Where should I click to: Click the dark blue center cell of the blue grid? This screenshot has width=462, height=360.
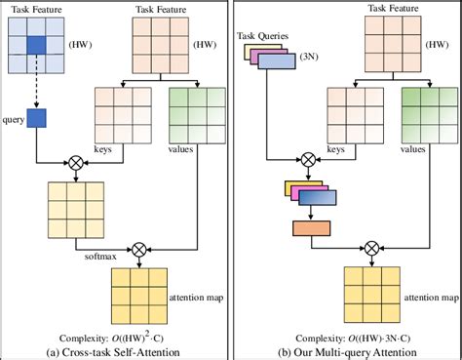(x=35, y=45)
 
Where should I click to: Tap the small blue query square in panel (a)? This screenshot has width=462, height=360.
(x=35, y=118)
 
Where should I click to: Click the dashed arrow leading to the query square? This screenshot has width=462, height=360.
(x=35, y=86)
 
